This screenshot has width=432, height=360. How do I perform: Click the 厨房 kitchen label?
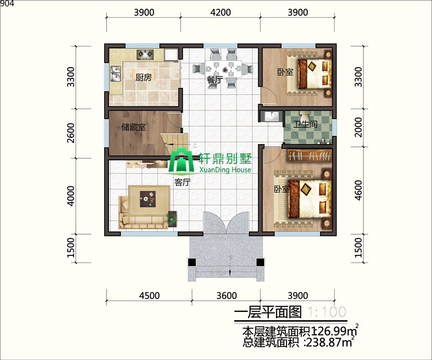[x=144, y=77]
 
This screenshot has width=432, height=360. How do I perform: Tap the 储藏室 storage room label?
[x=133, y=127]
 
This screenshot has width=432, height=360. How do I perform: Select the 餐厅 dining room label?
[x=215, y=80]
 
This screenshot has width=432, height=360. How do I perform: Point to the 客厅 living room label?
[x=182, y=182]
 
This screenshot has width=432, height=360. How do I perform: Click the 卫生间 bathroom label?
[x=305, y=124]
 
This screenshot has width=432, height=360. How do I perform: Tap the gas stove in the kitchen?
[x=145, y=54]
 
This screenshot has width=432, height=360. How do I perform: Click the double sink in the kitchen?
[x=116, y=74]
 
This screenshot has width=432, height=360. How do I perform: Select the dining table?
[x=224, y=68]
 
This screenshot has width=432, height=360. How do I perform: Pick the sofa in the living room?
[x=143, y=212]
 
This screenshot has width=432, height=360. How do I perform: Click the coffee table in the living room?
[x=148, y=199]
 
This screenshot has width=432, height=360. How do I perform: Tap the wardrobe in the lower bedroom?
[x=310, y=156]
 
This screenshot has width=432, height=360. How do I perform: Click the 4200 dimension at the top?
[x=221, y=12]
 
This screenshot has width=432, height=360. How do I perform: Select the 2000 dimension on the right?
[x=358, y=127]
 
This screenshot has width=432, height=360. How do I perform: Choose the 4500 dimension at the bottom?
[x=149, y=296]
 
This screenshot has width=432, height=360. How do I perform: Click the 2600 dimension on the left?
[x=71, y=133]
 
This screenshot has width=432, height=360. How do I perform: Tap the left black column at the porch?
[x=192, y=262]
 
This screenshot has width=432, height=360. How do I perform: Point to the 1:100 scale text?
[x=327, y=312]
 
